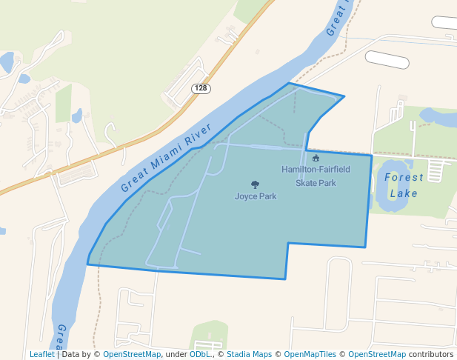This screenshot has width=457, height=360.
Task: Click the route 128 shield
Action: coord(201,88)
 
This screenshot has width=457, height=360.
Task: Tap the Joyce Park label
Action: coord(256,196)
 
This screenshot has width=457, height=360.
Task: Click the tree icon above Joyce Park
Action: coord(256,184)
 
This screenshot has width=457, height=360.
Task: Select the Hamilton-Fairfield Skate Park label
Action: coord(316,176)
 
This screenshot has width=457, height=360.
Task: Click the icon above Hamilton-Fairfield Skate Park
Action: coord(316,158)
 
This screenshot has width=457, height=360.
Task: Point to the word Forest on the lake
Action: coord(404,178)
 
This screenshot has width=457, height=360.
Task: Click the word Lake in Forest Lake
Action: coord(404,193)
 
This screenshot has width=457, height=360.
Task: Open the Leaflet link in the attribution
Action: coord(41,354)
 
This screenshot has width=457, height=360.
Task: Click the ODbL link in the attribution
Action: coord(200,354)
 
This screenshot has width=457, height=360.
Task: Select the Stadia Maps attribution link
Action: coord(249,354)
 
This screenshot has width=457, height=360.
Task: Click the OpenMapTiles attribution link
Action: coord(308,354)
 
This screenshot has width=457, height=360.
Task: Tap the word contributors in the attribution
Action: coord(431,354)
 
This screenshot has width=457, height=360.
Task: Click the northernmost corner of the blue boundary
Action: coord(289,83)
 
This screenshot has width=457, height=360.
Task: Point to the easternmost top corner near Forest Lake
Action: coord(371,155)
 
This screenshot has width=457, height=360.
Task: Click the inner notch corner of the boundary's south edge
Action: coord(287,244)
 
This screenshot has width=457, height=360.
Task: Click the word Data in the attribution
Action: coord(71,354)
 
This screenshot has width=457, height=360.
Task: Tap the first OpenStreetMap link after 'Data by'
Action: coord(131,354)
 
